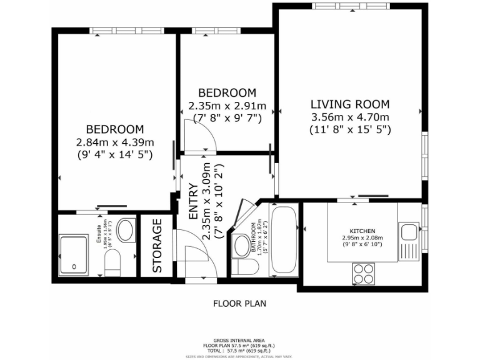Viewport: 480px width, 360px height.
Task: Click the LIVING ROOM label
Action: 350,104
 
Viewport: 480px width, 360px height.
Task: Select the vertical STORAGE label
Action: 157,245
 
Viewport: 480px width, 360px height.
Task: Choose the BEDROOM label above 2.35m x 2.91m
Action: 227,92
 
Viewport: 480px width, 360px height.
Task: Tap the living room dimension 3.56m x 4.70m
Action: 350,117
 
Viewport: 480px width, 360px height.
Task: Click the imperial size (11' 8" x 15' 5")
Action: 350,130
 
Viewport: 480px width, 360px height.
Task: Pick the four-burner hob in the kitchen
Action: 364,273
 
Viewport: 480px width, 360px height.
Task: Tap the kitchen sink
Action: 409,232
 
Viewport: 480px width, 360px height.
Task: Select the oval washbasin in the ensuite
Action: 126,229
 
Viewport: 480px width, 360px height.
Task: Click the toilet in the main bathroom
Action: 247,267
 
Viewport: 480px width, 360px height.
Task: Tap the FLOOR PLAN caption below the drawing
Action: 239,304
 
